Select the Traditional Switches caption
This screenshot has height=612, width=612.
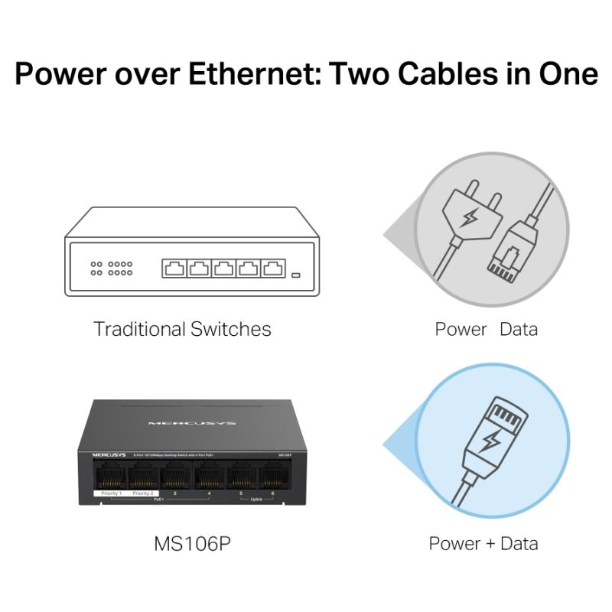(182, 329)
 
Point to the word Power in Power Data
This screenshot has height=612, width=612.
(461, 330)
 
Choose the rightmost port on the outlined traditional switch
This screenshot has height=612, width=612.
(273, 269)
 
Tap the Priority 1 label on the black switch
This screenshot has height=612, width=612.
(111, 494)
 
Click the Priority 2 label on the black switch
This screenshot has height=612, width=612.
(143, 494)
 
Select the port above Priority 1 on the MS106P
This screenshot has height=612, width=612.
(111, 478)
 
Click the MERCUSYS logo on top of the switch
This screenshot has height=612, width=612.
(192, 422)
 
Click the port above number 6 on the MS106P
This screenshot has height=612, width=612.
(272, 478)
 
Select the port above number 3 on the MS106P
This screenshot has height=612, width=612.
(175, 478)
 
